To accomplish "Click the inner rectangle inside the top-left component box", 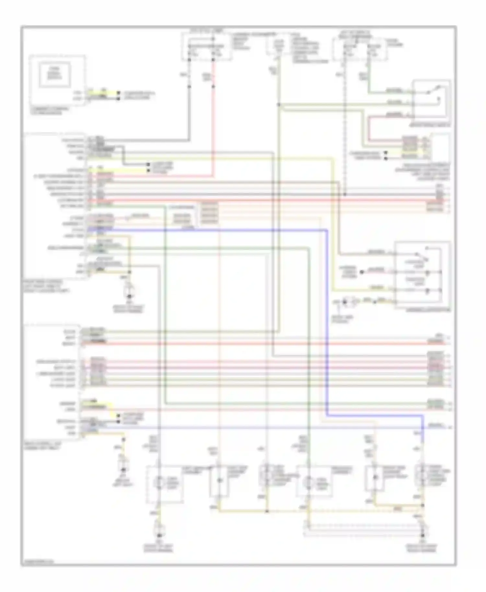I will [54, 75].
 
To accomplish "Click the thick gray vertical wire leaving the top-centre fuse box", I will [189, 107].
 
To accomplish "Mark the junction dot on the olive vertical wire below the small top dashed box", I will [278, 105].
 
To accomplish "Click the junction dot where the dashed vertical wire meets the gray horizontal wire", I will [345, 194].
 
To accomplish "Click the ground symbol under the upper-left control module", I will [129, 296].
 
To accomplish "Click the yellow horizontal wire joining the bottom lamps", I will [243, 512].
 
